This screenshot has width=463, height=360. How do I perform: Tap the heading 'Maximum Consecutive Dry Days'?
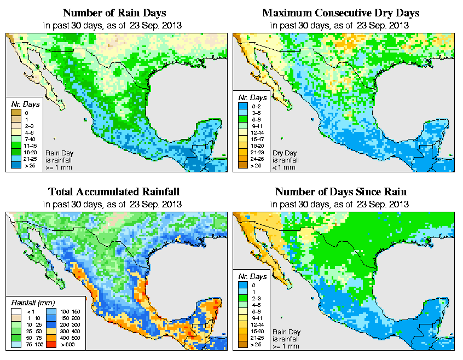341,13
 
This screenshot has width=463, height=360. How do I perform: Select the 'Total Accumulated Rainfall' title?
114,192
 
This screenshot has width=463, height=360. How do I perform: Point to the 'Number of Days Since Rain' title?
341,192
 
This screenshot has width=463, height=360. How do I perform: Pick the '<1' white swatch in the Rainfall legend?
16,311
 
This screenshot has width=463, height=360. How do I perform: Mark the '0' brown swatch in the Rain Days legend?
15,113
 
